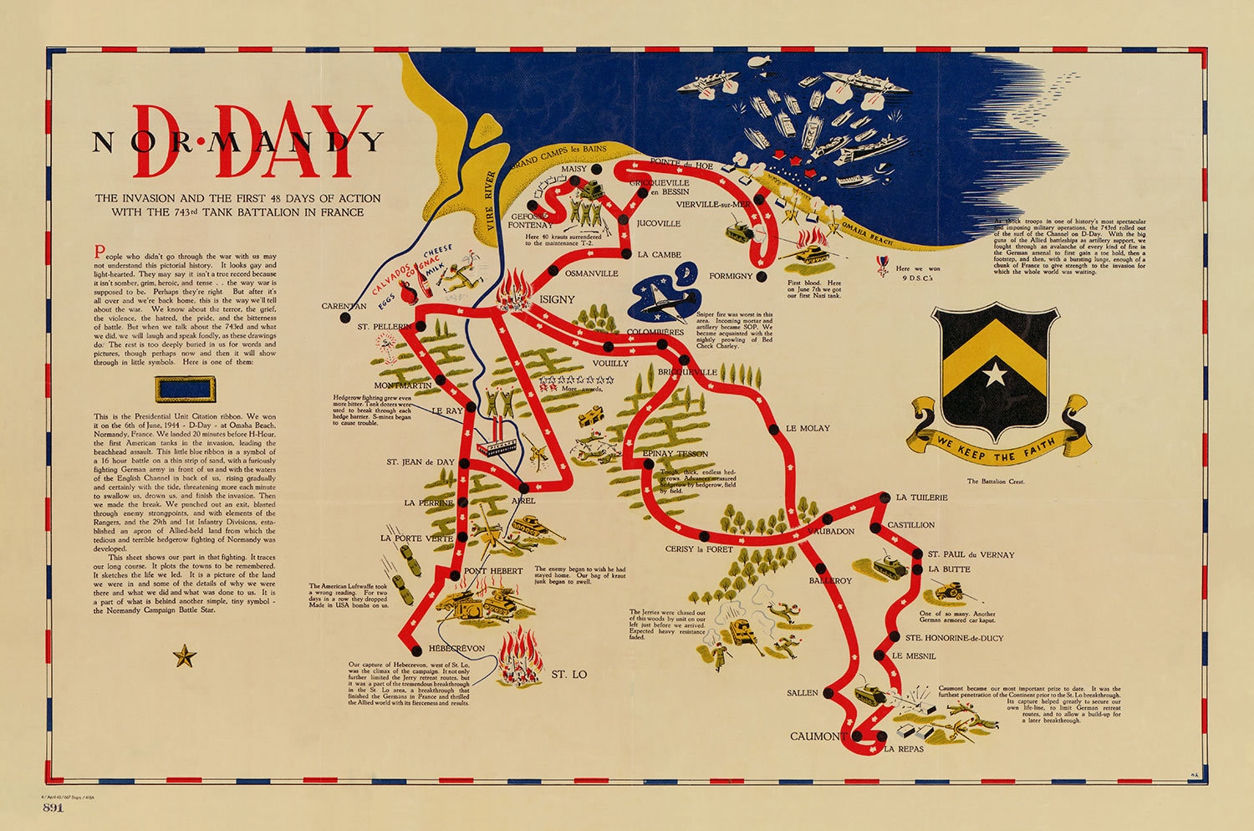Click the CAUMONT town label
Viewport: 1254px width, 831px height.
pos(818,737)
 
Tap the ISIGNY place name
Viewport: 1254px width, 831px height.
pos(557,299)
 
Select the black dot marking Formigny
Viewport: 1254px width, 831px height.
pos(760,275)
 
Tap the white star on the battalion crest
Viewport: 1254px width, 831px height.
pos(995,373)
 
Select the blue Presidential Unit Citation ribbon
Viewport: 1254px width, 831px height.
pos(184,389)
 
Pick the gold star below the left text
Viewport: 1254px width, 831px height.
pos(184,656)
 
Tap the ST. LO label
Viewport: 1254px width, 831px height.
pos(568,674)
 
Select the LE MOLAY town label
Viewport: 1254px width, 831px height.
pos(808,428)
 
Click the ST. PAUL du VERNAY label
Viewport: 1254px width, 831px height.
pos(971,554)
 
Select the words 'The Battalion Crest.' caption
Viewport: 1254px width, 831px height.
pos(995,482)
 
